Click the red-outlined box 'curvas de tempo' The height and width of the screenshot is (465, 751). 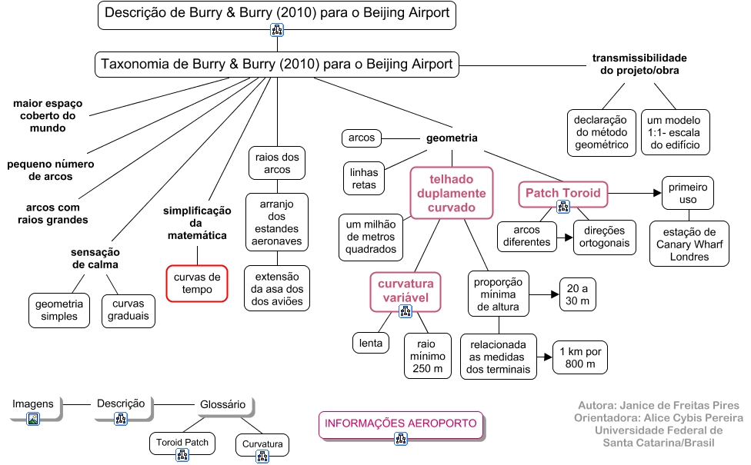coord(197,284)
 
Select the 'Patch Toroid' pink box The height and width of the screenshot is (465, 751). coord(562,193)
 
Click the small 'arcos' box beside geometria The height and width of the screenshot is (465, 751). coord(362,138)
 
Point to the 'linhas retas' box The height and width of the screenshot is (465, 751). coord(364,178)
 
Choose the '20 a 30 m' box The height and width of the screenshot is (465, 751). coord(578,294)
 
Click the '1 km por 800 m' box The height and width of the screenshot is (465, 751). coord(581,357)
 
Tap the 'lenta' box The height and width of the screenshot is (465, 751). coord(371,343)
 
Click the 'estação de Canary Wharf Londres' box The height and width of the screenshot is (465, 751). coord(688,244)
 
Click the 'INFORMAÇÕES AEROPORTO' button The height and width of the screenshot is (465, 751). coord(401,425)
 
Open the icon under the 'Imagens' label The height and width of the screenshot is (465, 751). coord(32,419)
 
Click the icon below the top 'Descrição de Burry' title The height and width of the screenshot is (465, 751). coord(277,31)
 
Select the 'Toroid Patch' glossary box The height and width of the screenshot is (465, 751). coord(182,444)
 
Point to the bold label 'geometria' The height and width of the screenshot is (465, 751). coord(452,138)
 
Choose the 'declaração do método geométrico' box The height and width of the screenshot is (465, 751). coord(601,132)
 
